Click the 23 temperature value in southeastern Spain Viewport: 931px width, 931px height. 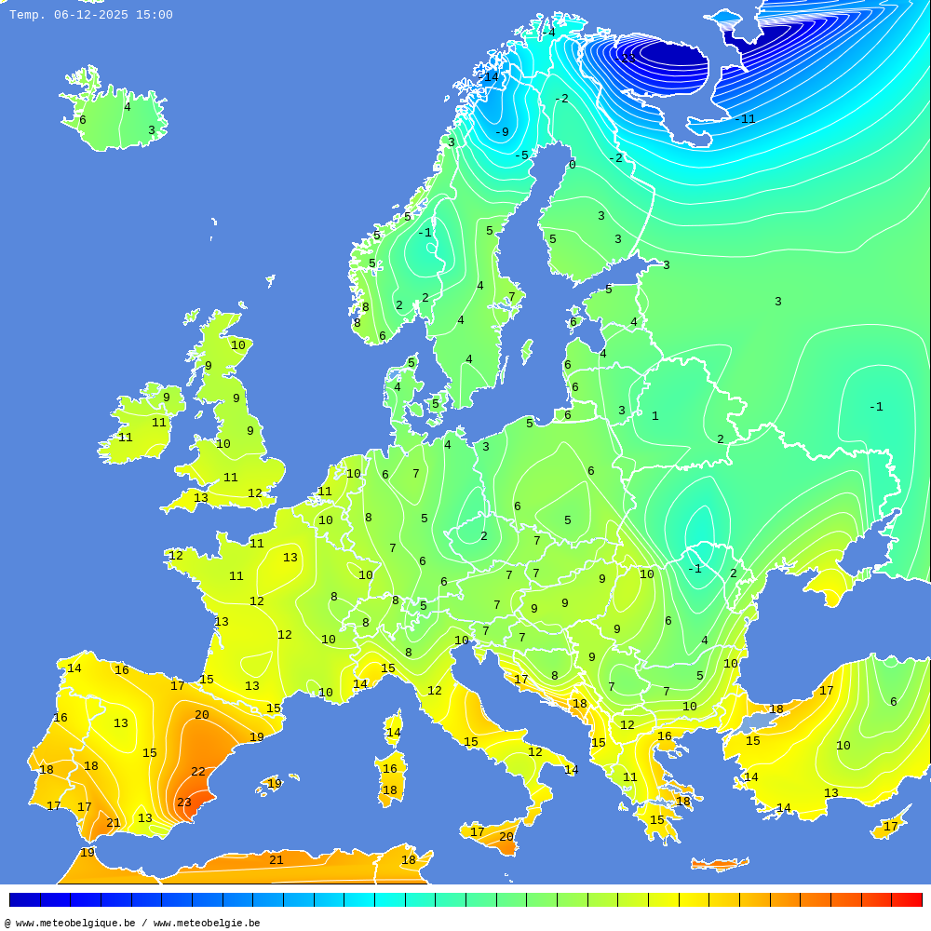coord(184,803)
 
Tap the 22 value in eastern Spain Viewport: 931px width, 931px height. coord(198,772)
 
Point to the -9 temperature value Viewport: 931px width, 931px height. coord(501,132)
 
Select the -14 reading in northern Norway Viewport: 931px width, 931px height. coord(490,77)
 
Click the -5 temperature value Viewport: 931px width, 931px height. coord(521,155)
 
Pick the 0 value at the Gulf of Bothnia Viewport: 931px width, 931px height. coord(572,165)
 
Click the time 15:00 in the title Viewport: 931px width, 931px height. coord(154,15)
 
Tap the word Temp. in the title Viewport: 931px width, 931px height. coord(27,15)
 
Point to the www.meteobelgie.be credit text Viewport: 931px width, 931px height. coord(207,924)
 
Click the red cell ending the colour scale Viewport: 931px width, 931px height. coord(907,900)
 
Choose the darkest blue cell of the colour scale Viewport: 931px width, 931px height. coord(24,900)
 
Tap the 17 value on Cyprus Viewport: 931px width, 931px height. coord(891,827)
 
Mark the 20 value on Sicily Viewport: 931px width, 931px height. coord(506,837)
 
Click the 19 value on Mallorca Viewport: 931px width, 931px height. coord(275,784)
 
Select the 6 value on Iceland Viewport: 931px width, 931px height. coord(82,120)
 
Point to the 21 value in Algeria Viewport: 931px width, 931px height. coord(276,860)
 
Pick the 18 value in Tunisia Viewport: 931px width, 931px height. coord(408,860)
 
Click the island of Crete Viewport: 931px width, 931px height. coord(719,865)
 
